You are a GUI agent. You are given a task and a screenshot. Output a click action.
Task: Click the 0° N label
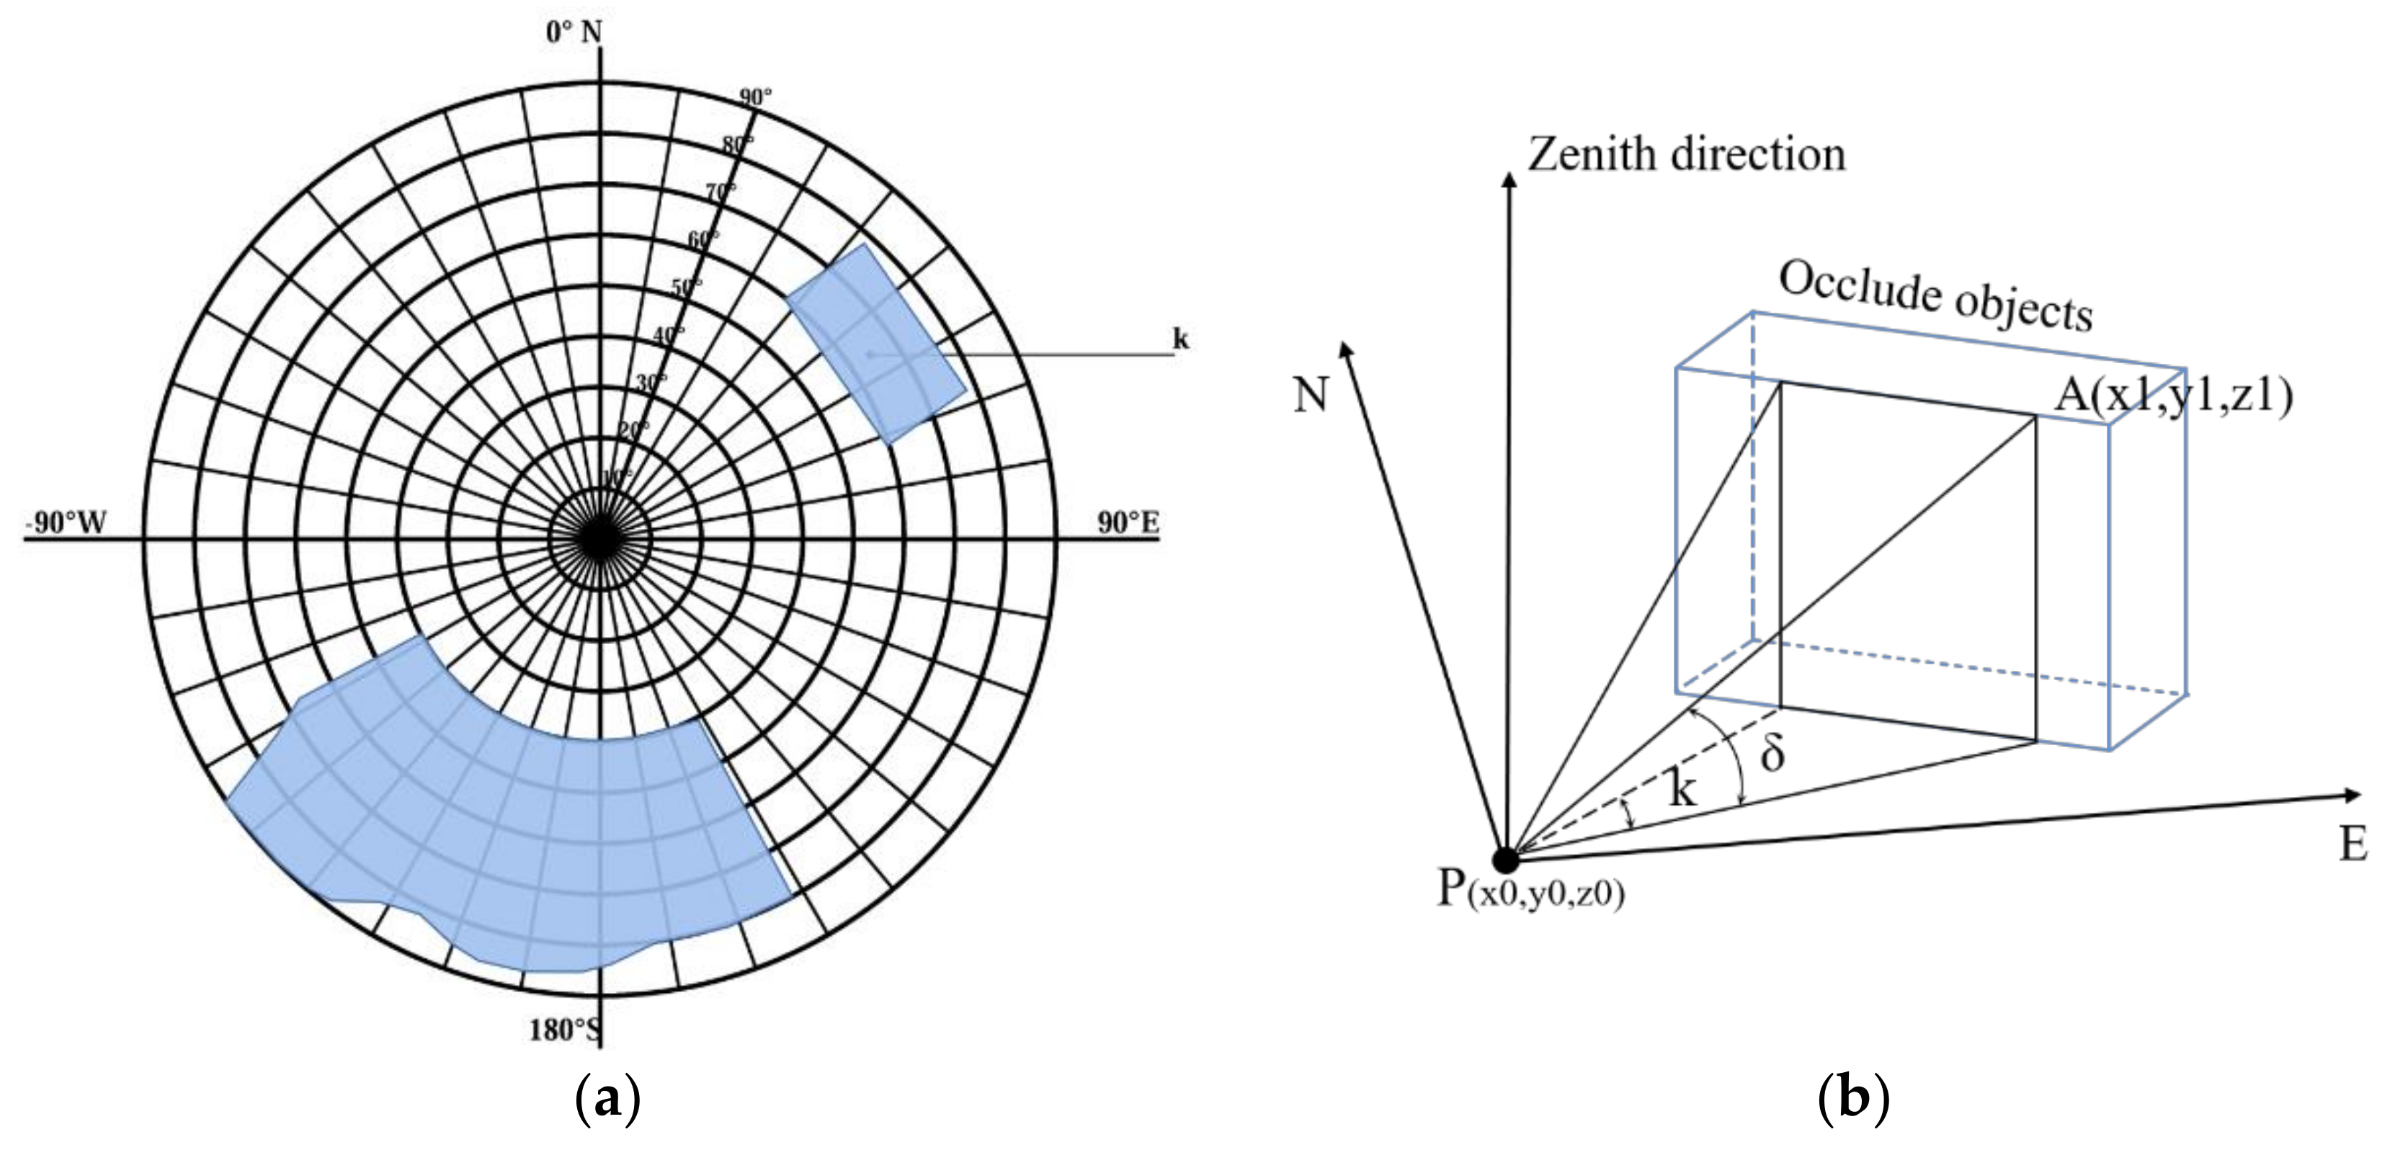[x=574, y=32]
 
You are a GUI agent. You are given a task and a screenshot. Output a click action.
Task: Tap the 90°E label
[x=1128, y=522]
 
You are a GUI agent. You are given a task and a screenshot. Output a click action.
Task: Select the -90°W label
[x=65, y=522]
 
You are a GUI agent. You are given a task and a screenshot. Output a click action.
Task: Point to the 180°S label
[x=563, y=1030]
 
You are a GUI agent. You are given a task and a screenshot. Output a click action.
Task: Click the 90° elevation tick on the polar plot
[x=755, y=97]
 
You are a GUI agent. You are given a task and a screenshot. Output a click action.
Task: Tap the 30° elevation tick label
[x=651, y=382]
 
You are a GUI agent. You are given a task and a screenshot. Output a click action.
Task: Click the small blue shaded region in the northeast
[x=877, y=344]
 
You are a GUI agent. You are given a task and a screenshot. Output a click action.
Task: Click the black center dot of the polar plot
[x=601, y=538]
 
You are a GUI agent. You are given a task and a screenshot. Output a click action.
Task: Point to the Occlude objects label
[x=1936, y=295]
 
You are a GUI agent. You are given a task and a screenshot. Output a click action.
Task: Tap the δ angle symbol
[x=1772, y=753]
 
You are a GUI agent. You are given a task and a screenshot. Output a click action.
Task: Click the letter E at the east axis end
[x=2353, y=844]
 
